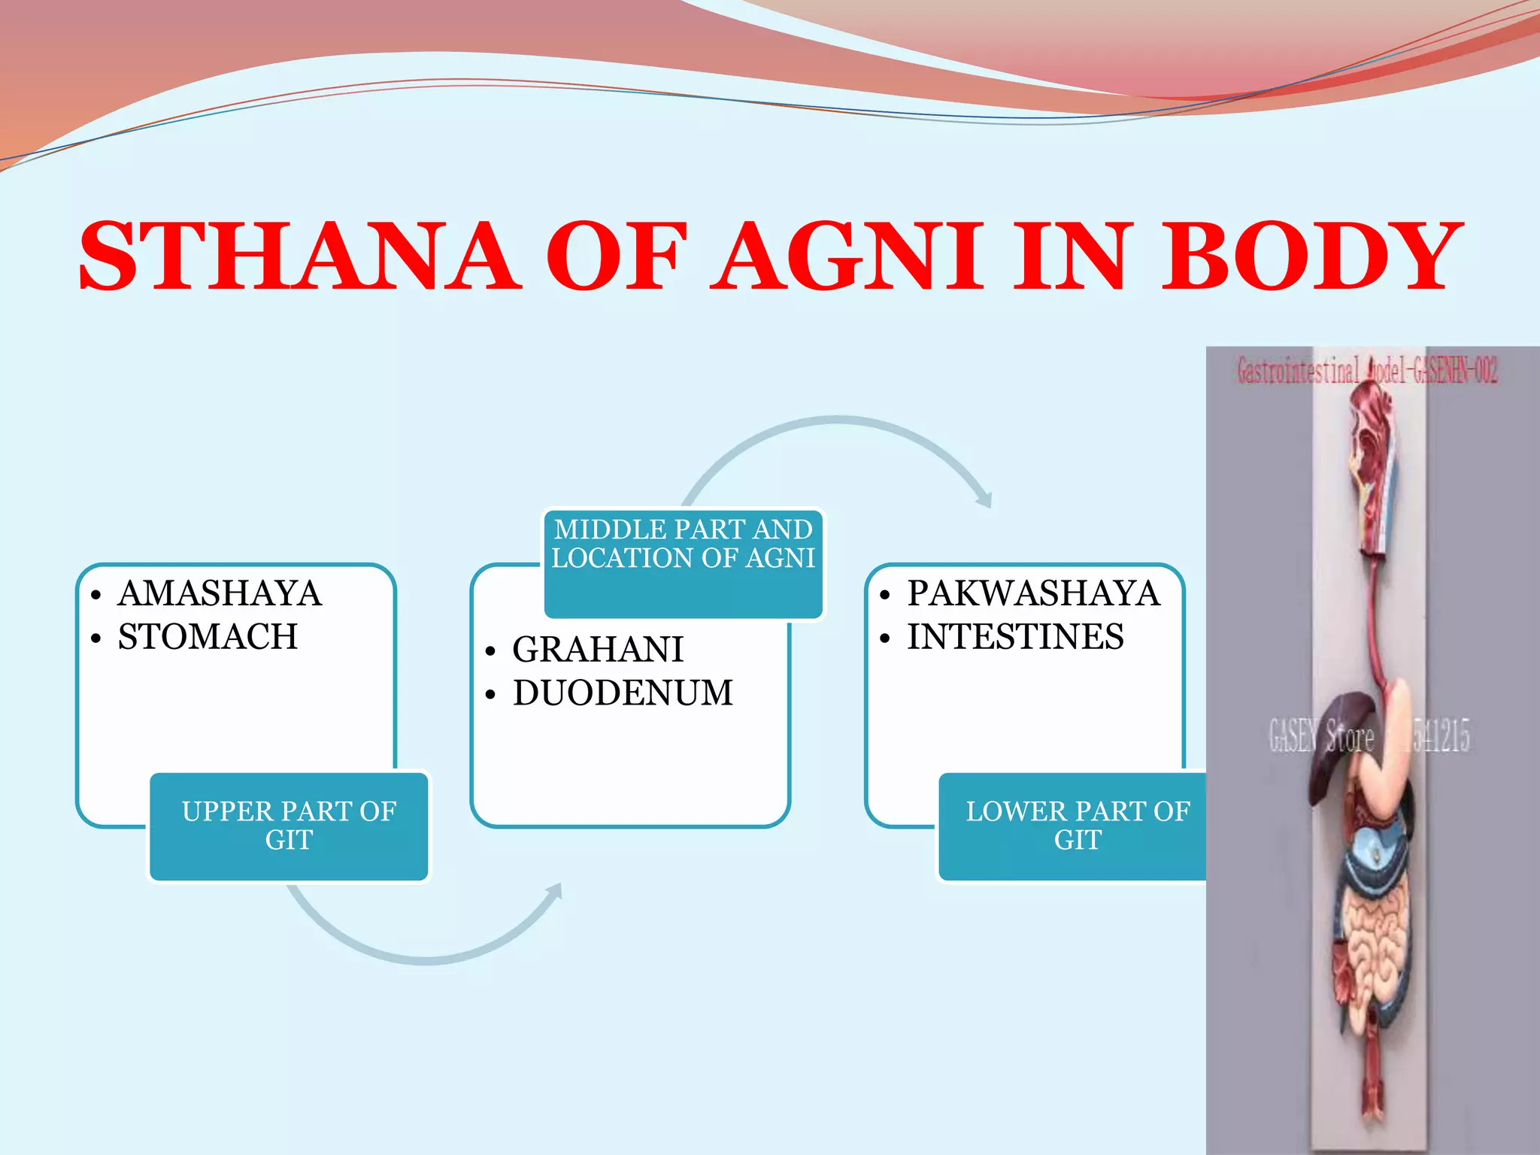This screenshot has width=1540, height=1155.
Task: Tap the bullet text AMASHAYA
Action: click(220, 593)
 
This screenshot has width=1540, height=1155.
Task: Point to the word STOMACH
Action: click(208, 637)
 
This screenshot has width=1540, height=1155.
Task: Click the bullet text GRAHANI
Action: click(598, 650)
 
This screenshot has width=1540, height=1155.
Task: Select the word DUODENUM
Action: click(623, 693)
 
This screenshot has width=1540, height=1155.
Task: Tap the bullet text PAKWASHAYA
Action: click(1033, 593)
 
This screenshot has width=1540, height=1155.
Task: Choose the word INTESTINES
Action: click(1015, 637)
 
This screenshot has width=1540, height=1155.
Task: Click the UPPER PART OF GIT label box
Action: click(289, 826)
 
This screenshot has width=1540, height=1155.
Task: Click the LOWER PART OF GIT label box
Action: click(1075, 826)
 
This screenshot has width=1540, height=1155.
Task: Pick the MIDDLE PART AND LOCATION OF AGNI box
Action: click(683, 564)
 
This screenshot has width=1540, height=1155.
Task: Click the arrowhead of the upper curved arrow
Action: click(985, 499)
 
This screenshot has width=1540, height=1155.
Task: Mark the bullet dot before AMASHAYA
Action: click(95, 596)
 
